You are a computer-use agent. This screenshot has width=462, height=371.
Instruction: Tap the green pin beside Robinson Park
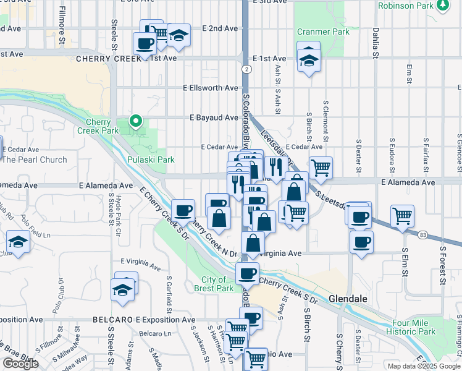click(x=442, y=5)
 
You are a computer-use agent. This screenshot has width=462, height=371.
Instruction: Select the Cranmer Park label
click(x=319, y=32)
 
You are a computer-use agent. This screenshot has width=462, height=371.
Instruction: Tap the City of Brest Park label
click(x=214, y=284)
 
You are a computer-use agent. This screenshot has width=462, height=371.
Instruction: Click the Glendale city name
click(x=348, y=298)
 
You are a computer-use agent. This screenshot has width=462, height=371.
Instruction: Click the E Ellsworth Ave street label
click(x=211, y=88)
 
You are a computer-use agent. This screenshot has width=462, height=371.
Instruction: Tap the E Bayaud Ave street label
click(x=214, y=117)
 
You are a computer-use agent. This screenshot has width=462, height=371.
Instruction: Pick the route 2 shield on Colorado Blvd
click(x=246, y=69)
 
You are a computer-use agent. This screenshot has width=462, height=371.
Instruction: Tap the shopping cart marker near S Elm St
click(x=402, y=216)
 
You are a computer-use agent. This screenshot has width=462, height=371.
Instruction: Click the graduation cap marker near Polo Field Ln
click(x=19, y=242)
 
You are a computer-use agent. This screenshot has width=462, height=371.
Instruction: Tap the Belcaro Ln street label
click(x=154, y=334)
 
